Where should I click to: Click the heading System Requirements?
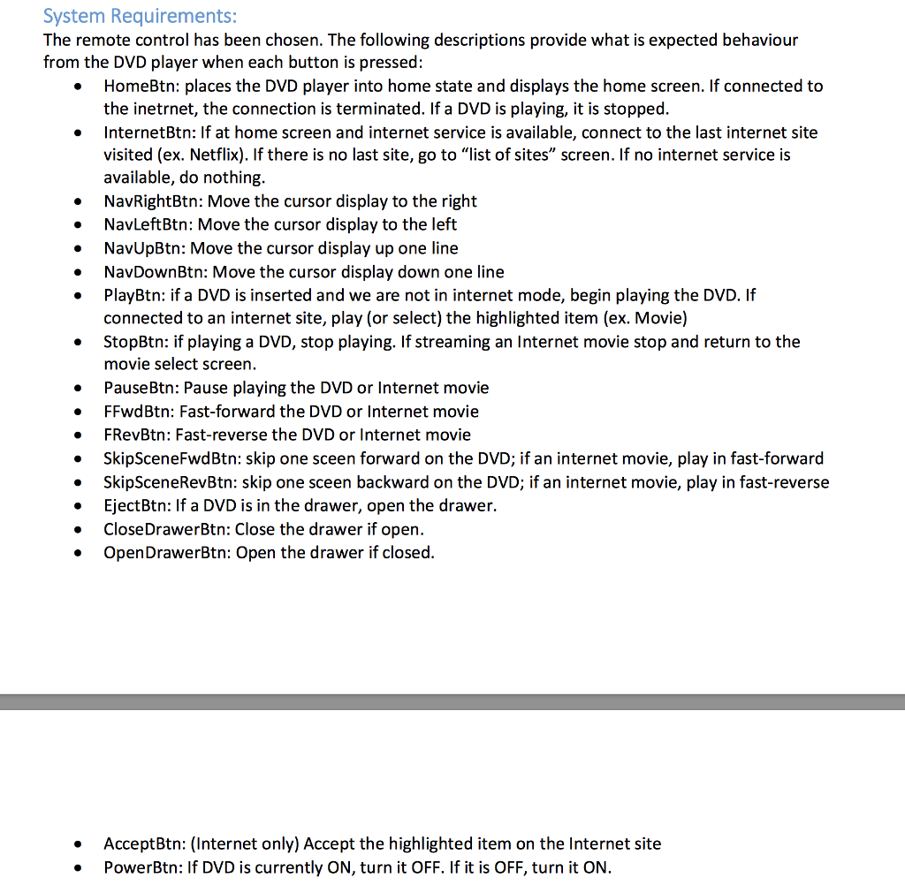(x=140, y=17)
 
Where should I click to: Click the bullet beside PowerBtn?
(x=80, y=868)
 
